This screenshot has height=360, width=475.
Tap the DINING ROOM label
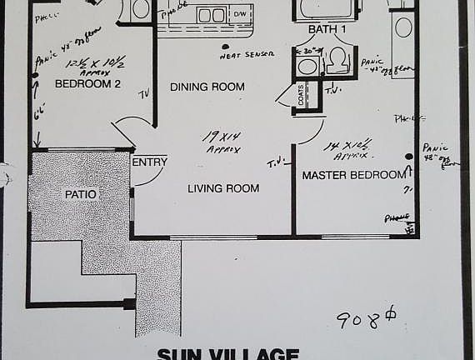[207, 87]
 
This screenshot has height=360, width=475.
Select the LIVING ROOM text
[222, 189]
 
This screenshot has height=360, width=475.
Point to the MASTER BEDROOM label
[353, 176]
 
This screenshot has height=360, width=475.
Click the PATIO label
[81, 194]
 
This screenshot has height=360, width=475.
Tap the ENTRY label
[150, 162]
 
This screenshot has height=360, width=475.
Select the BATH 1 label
[327, 29]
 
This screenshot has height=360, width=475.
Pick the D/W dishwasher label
[240, 14]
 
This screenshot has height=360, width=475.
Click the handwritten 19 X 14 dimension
[222, 139]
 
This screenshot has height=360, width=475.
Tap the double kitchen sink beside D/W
[211, 15]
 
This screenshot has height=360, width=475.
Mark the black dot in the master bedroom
[409, 156]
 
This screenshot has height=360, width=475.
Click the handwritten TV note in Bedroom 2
[144, 93]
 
